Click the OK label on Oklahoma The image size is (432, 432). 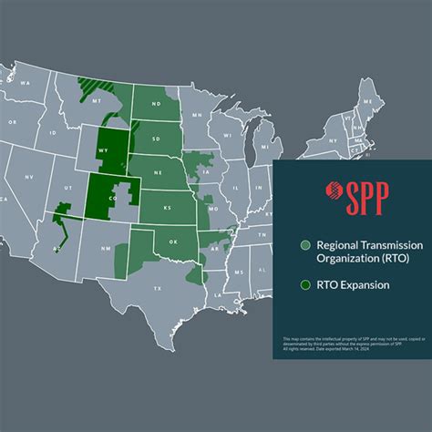click(173, 243)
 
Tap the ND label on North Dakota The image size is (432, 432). click(154, 103)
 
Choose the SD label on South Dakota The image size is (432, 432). click(155, 138)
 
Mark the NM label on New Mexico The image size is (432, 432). click(107, 246)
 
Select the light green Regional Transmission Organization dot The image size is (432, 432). click(305, 245)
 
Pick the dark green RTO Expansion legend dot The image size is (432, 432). click(305, 284)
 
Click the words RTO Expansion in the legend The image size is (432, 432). click(353, 284)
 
